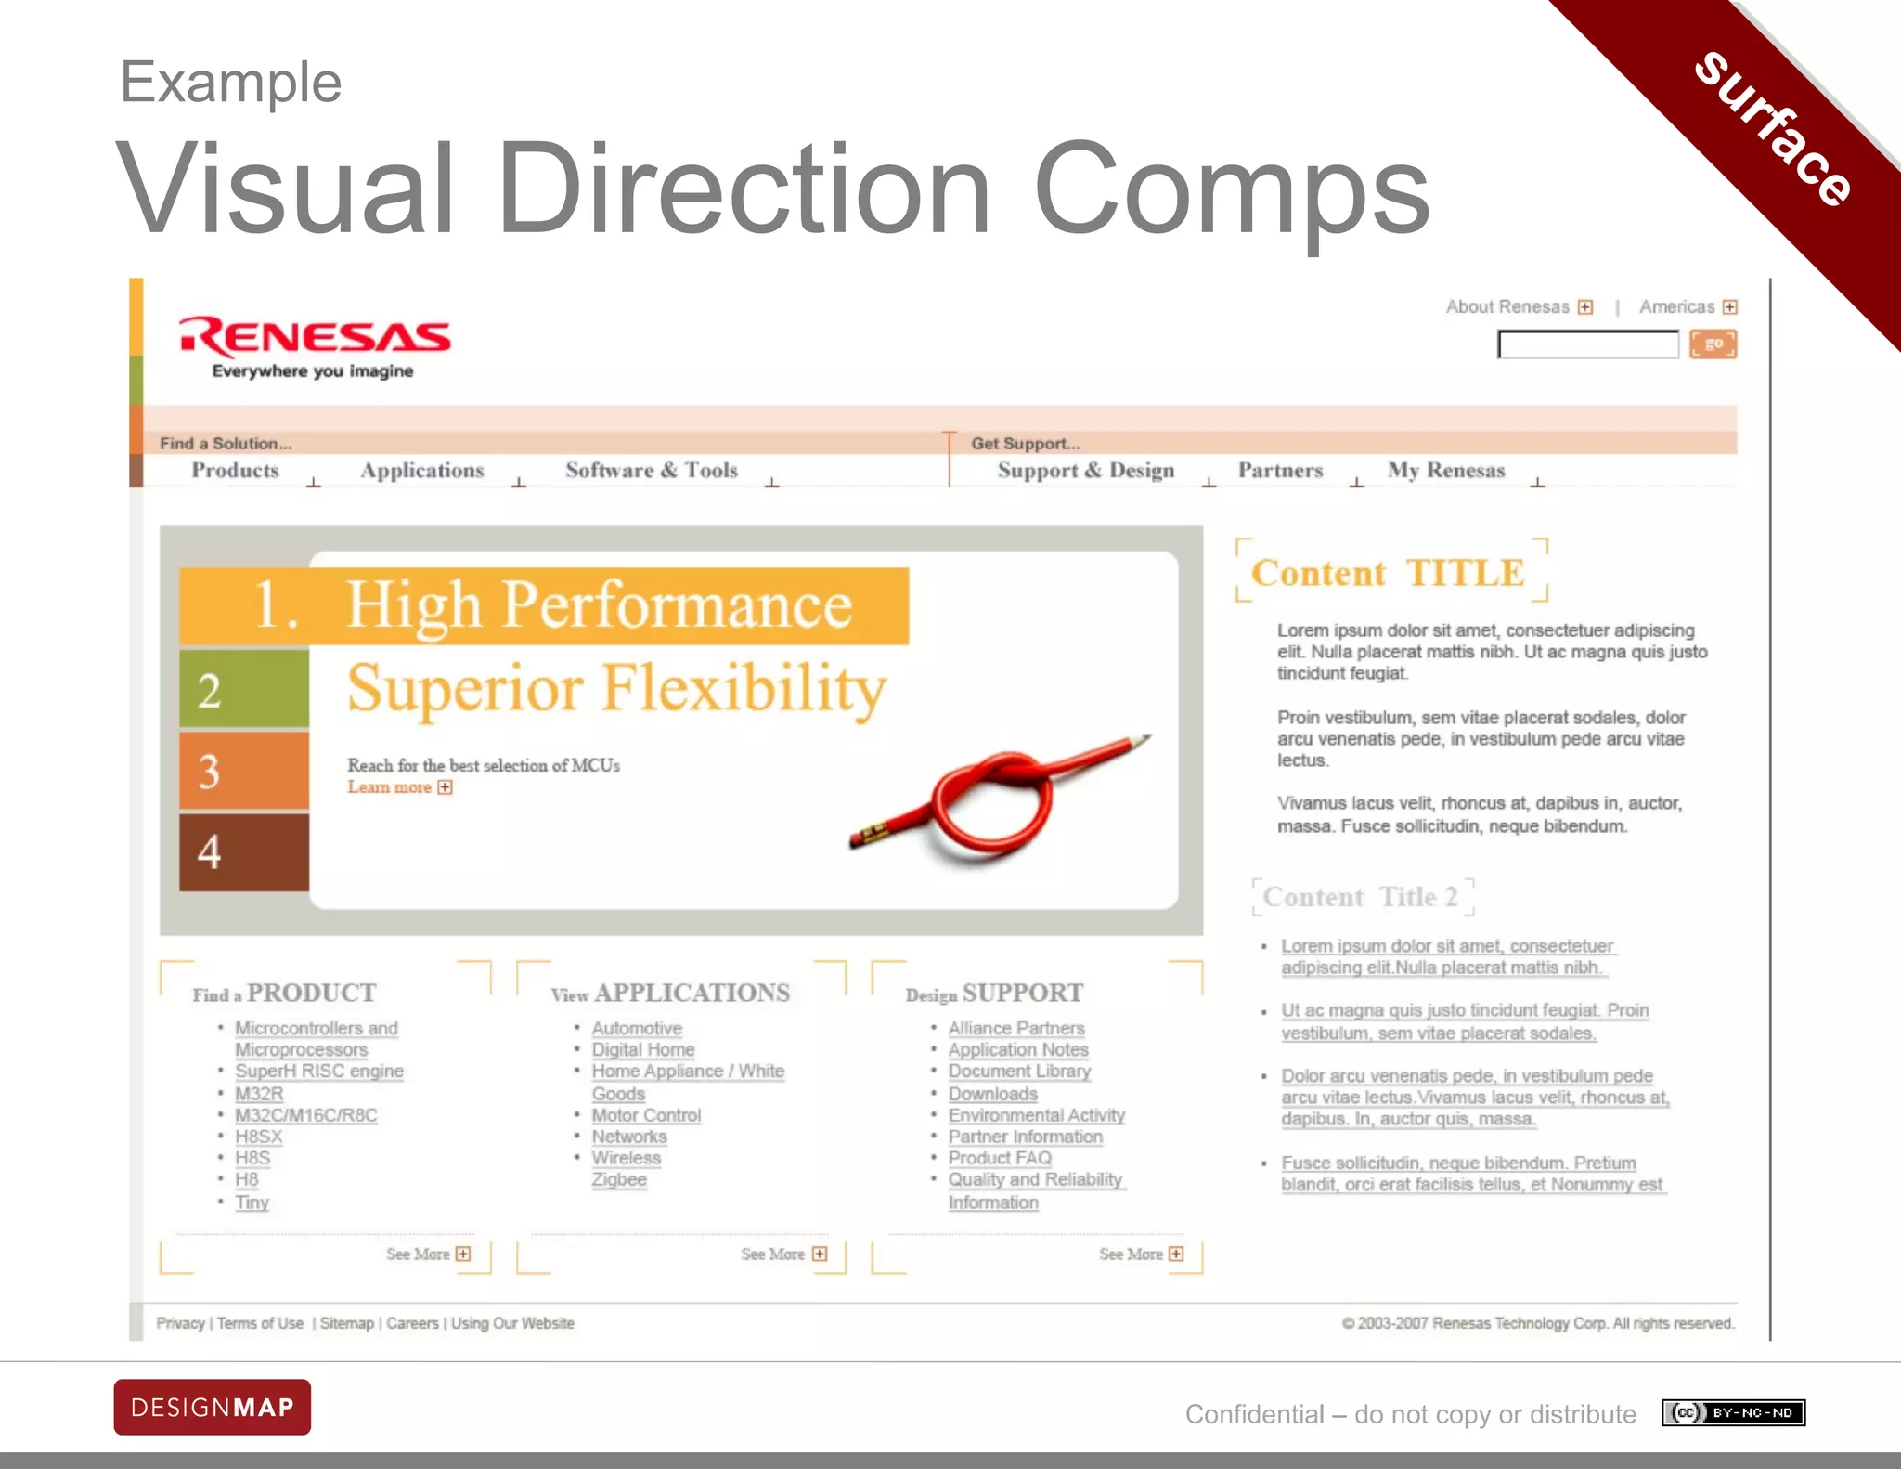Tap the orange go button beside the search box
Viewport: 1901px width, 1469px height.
1713,344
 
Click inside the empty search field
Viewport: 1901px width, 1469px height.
1587,345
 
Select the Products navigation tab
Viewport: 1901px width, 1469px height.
235,471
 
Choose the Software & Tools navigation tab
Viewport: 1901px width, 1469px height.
652,471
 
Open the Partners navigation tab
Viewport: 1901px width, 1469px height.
1280,471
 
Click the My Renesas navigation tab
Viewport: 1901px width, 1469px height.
1445,471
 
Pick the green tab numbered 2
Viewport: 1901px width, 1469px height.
243,689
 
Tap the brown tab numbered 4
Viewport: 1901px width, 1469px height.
243,852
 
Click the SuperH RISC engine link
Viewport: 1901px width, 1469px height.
318,1071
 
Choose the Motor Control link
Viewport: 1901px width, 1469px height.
646,1115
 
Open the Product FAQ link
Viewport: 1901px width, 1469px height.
1000,1158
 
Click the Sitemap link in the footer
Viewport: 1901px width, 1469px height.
346,1323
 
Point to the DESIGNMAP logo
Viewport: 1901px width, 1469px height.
213,1407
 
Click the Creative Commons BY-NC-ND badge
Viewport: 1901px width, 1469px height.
1733,1413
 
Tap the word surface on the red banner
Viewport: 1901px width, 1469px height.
1773,128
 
